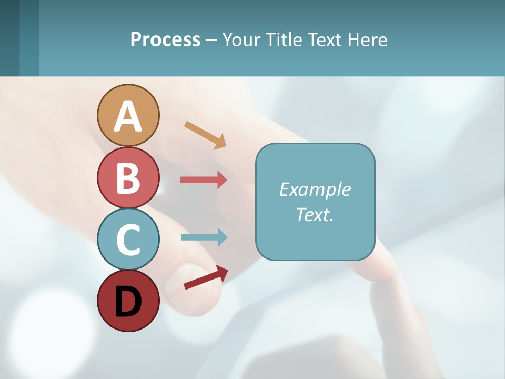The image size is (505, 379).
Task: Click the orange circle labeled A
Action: point(128,115)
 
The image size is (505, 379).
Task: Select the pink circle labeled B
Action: point(128,177)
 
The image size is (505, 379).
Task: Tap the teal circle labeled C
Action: point(128,240)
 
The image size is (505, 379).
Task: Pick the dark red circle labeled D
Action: point(128,301)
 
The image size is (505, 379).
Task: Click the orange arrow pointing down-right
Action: point(205,135)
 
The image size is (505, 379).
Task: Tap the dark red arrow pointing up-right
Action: point(206,278)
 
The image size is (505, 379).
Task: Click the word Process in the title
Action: point(165,40)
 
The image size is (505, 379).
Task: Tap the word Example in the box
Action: point(315,189)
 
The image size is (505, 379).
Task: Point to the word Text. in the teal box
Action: point(315,215)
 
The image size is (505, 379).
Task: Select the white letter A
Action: point(128,117)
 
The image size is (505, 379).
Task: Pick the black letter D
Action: point(128,302)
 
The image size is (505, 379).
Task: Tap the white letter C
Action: point(128,240)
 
